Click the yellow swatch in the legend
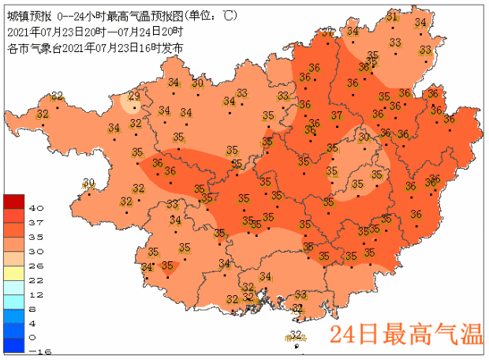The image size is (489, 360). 16,272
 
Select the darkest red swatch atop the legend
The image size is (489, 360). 16,201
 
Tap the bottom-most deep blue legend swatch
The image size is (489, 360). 16,344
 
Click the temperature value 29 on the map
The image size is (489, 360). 134,96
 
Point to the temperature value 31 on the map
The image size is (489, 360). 392,17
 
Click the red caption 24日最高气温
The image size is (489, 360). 405,335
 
